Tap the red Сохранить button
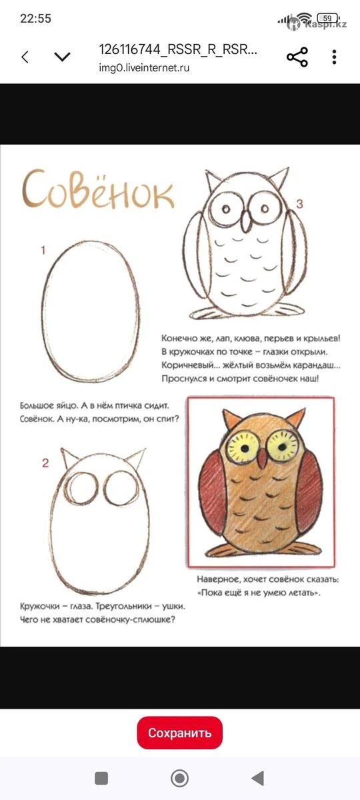tap(179, 733)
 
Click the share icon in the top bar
tap(297, 57)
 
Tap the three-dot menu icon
tap(334, 57)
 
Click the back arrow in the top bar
tap(25, 57)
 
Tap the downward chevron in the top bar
tap(63, 57)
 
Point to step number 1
tap(43, 251)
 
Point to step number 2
tap(45, 463)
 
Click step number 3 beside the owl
tap(299, 204)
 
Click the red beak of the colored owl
tap(262, 458)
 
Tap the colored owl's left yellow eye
tap(243, 445)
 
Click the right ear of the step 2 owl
tap(137, 458)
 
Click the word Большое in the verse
tap(35, 406)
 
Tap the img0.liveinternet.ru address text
tap(144, 68)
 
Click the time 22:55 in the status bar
tap(36, 19)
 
